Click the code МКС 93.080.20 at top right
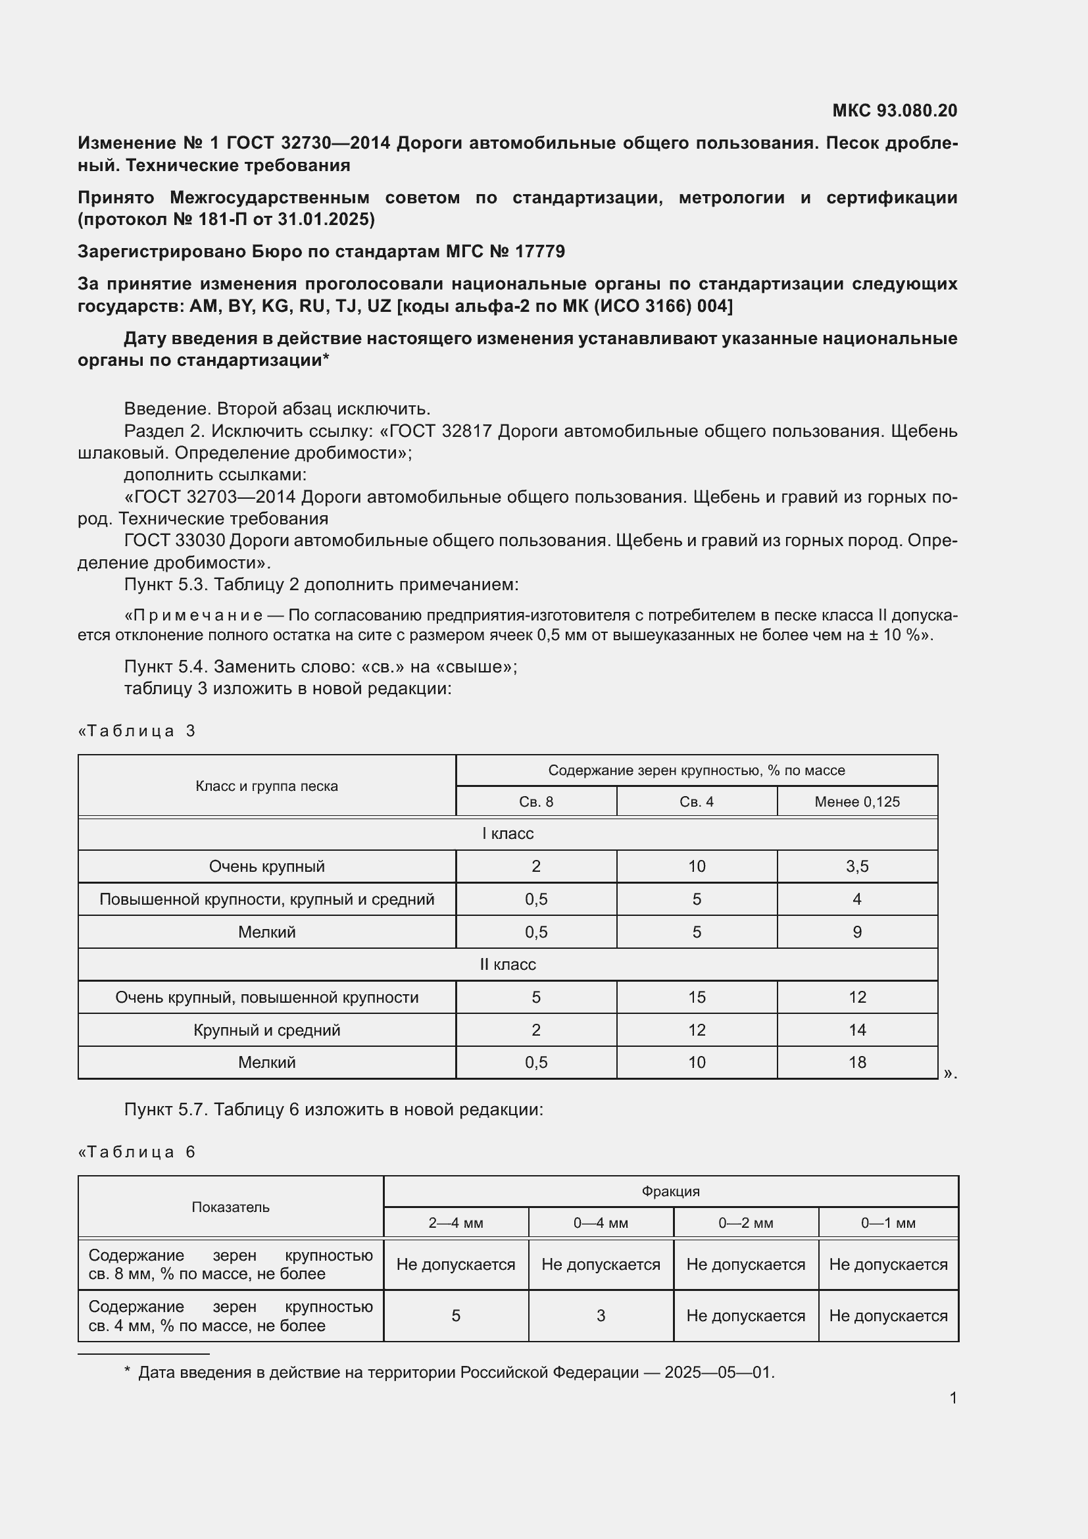point(895,111)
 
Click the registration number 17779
point(540,251)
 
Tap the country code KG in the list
point(275,306)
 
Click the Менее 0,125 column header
point(857,801)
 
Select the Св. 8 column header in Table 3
point(536,801)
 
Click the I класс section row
point(508,833)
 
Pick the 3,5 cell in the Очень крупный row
point(857,866)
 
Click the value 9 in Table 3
point(857,932)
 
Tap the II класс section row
point(508,964)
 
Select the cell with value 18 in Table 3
point(857,1062)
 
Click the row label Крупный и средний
point(266,1030)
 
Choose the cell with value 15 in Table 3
point(697,997)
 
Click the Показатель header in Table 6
point(230,1207)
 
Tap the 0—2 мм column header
point(746,1223)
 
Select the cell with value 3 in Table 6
point(601,1315)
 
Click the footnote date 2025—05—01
point(718,1372)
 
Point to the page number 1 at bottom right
point(952,1398)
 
